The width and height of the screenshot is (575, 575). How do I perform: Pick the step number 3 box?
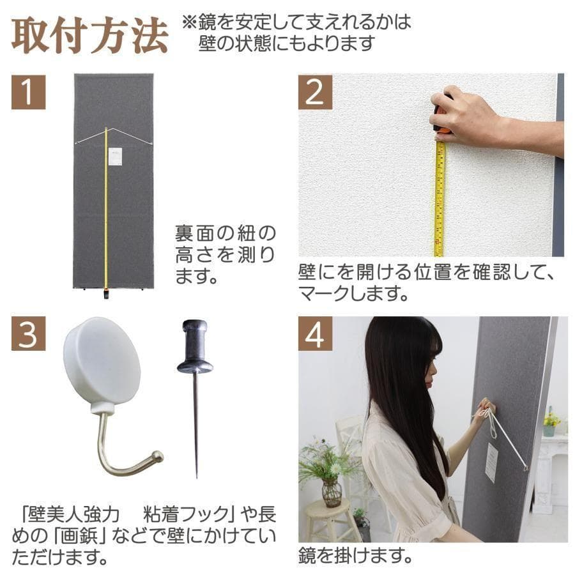pos(28,333)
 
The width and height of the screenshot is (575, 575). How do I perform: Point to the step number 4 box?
pos(315,333)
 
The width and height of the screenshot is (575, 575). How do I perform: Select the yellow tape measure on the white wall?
pos(440,198)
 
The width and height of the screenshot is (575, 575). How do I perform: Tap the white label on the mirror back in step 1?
pos(115,157)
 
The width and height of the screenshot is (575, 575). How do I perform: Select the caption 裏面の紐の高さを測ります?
pos(225,254)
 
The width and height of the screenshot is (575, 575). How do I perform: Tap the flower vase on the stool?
pos(331,492)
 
